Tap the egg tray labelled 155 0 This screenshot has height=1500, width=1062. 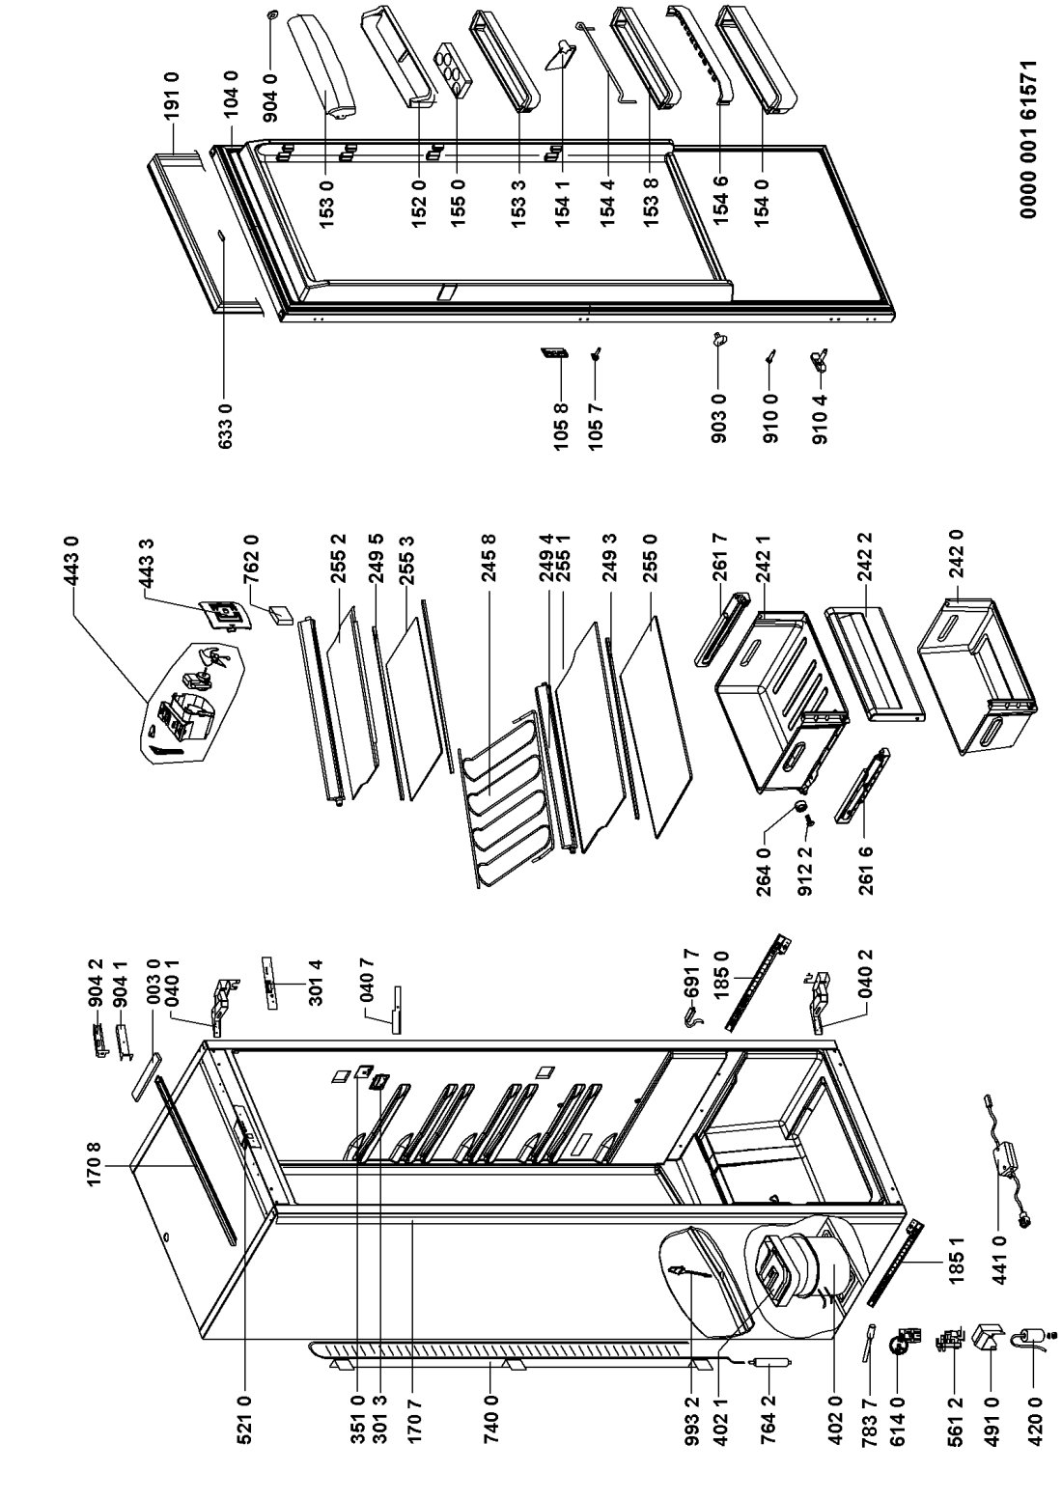coord(456,70)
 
